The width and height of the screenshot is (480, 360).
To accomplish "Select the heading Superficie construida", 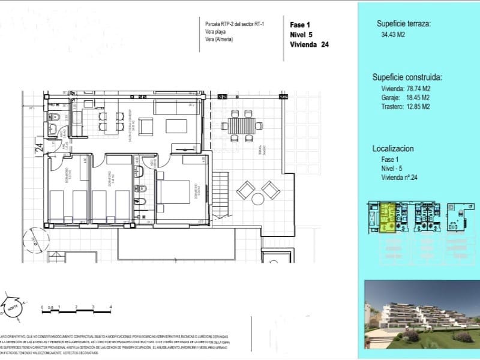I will [x=407, y=77].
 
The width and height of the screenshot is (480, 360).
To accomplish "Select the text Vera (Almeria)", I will [x=219, y=40].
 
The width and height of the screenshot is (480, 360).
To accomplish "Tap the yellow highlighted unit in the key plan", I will [x=388, y=218].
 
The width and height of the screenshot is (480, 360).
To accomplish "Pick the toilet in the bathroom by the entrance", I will [x=53, y=116].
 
